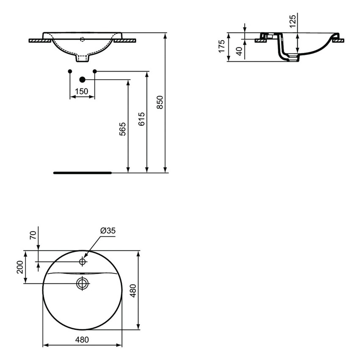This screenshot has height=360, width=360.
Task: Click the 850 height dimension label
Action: (160, 102)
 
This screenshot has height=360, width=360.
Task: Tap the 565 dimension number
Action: (123, 129)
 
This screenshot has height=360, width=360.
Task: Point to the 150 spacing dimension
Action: (81, 91)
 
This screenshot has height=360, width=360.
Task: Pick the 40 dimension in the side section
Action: (239, 51)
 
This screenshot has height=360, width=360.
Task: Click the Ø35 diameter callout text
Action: (108, 230)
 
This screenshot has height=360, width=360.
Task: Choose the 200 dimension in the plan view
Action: (20, 267)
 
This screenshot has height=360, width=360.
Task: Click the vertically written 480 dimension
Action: (133, 291)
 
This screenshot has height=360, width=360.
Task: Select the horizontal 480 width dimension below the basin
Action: (83, 339)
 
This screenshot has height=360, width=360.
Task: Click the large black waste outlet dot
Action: (83, 79)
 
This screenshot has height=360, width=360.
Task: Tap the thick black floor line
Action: (82, 173)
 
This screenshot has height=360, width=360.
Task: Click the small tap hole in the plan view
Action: (83, 262)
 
